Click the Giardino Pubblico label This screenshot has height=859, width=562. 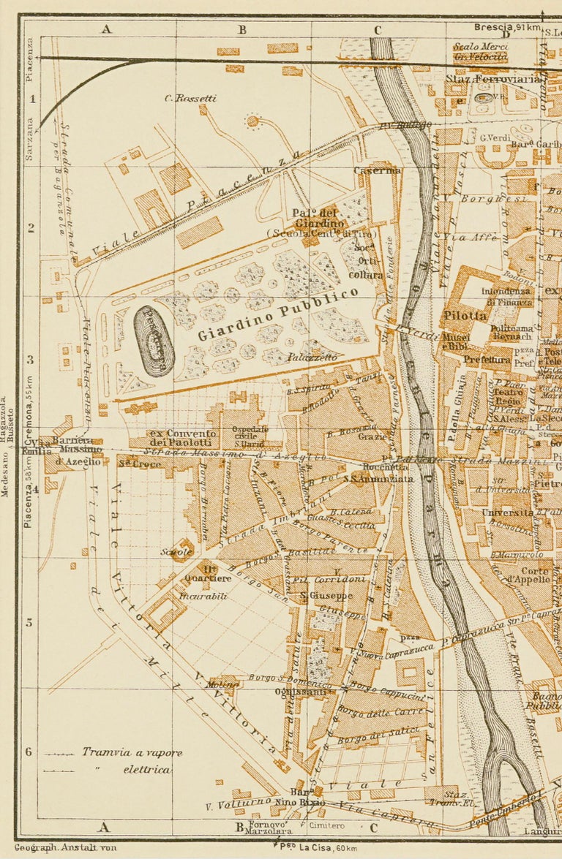tap(278, 314)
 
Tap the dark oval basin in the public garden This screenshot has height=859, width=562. tap(154, 341)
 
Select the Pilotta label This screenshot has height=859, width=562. tap(465, 316)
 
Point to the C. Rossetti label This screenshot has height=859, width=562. tap(190, 98)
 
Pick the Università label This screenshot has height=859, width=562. tap(507, 513)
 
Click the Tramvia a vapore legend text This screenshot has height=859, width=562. tap(132, 752)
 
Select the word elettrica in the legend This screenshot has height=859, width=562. tap(146, 769)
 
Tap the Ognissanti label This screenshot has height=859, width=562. tap(290, 692)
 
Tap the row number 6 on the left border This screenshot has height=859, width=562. tap(30, 752)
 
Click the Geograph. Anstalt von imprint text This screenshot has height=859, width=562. tap(66, 848)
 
